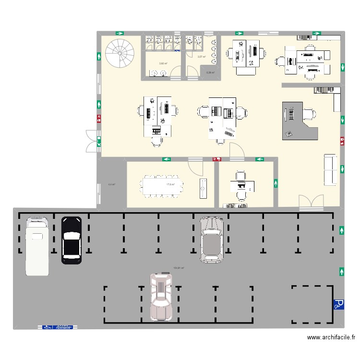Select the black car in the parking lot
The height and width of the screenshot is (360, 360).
72,240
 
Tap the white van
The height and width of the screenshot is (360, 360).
37,246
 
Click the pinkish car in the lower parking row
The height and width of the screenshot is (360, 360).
161,296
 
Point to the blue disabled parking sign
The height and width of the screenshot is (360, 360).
338,304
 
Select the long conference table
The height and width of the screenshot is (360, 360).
162,185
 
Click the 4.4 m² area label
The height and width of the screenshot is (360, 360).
111,184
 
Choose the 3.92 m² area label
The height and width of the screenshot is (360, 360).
163,63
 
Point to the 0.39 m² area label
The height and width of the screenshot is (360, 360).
210,72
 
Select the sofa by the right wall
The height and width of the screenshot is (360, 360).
330,169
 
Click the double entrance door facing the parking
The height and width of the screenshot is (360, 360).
311,203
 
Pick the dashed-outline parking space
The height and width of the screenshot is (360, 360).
312,304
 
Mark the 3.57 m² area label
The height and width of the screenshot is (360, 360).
202,57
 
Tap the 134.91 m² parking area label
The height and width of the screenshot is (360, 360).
179,268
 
